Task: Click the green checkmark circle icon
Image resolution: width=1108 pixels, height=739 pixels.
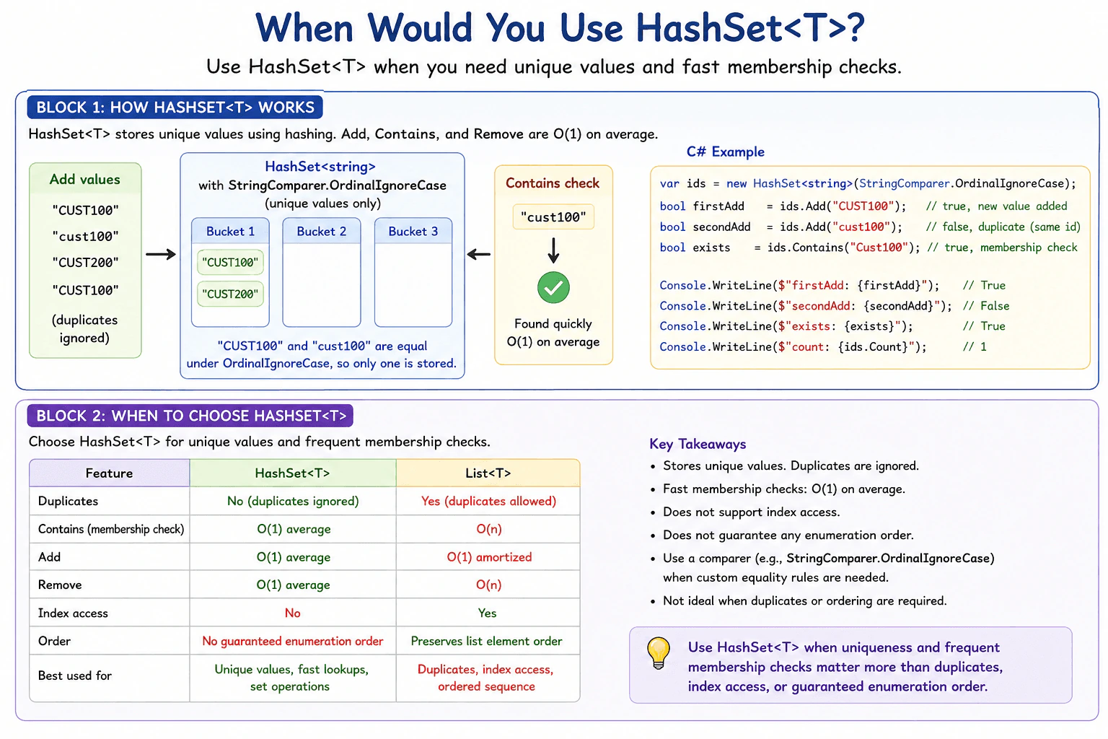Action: click(553, 287)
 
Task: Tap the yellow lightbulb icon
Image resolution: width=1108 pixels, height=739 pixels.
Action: click(658, 653)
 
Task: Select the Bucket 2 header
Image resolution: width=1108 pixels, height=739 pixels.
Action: click(322, 231)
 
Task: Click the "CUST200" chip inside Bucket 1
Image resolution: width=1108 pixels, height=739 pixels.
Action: click(230, 294)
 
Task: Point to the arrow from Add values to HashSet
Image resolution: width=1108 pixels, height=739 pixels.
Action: click(161, 255)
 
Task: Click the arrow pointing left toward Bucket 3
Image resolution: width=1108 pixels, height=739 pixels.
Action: click(479, 255)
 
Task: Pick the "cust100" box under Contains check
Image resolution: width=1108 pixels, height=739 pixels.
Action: click(553, 217)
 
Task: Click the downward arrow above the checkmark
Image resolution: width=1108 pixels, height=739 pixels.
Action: click(553, 250)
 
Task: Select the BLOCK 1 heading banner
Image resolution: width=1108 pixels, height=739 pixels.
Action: click(175, 108)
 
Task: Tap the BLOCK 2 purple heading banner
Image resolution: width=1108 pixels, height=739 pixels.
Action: click(190, 416)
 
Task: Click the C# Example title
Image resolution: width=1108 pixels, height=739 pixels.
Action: click(725, 152)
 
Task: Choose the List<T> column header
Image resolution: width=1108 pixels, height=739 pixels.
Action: click(488, 473)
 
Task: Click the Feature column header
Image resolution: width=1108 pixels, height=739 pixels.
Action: click(110, 473)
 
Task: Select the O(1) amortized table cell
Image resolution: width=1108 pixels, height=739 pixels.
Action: click(489, 557)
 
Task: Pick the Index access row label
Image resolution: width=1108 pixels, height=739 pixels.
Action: click(73, 613)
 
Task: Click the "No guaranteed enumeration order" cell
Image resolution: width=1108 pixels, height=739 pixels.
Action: click(292, 641)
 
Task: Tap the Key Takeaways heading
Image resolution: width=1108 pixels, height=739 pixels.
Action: click(698, 444)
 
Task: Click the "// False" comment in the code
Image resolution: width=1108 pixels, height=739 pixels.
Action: click(986, 306)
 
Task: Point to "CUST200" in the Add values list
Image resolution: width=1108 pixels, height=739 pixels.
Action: click(86, 263)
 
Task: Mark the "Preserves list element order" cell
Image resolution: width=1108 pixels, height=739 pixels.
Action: click(487, 641)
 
